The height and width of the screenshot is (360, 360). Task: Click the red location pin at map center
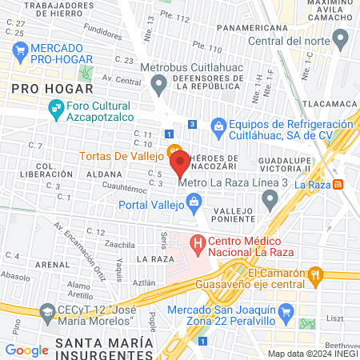point(180,163)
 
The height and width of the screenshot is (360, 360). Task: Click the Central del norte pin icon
point(341,38)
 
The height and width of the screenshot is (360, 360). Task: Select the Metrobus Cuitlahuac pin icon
point(158,82)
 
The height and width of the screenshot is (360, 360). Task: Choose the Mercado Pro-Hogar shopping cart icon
point(20,54)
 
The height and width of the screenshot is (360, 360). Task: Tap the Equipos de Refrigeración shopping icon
point(218,126)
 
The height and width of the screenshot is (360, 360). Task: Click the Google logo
point(26,350)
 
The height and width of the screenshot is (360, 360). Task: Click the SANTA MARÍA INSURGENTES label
point(103,348)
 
